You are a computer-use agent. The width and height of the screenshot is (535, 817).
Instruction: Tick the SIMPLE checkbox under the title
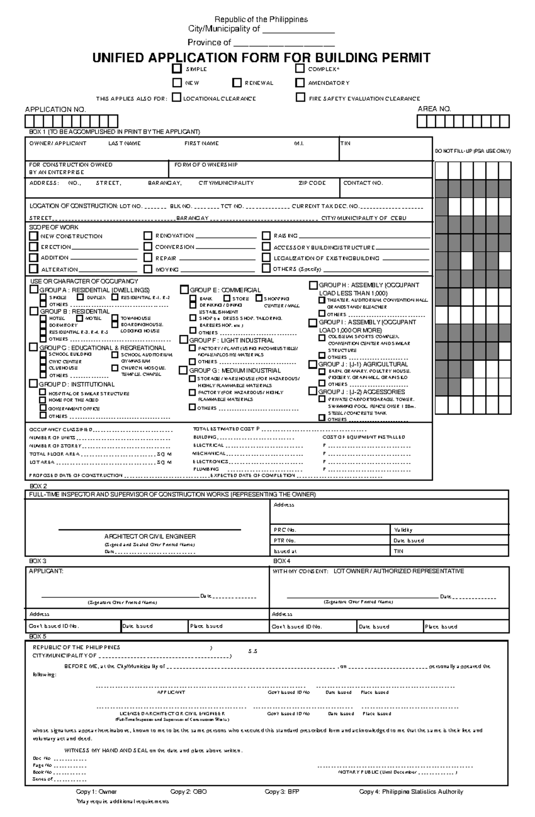pyautogui.click(x=177, y=69)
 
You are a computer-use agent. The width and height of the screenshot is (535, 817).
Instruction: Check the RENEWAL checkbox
pyautogui.click(x=237, y=83)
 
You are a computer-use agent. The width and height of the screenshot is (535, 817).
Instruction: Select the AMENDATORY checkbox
pyautogui.click(x=300, y=83)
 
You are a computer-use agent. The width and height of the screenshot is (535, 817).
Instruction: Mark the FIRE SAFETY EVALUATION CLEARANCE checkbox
pyautogui.click(x=301, y=98)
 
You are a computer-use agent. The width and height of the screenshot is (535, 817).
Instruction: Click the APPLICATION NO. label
pyautogui.click(x=55, y=110)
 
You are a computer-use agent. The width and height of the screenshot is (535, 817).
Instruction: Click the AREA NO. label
pyautogui.click(x=434, y=109)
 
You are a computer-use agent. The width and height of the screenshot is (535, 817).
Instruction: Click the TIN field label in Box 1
pyautogui.click(x=346, y=143)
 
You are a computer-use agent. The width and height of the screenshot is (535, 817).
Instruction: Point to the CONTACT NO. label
pyautogui.click(x=363, y=183)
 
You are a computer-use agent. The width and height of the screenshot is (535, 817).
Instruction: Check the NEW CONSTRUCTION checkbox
pyautogui.click(x=33, y=236)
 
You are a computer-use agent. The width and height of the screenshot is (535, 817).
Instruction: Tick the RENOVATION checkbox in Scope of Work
pyautogui.click(x=148, y=236)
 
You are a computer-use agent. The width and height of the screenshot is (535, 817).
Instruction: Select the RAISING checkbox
pyautogui.click(x=266, y=236)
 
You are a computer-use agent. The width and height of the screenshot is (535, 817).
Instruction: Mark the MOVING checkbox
pyautogui.click(x=148, y=269)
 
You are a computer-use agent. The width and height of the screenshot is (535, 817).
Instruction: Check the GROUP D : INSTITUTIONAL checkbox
pyautogui.click(x=33, y=383)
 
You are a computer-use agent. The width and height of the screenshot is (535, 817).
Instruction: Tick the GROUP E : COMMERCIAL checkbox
pyautogui.click(x=184, y=290)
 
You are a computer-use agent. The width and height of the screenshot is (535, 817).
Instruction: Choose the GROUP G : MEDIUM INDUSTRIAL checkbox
pyautogui.click(x=183, y=370)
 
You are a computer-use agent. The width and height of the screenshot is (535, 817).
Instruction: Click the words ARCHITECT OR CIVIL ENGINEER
pyautogui.click(x=150, y=537)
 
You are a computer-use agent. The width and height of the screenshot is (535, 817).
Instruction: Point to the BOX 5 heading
pyautogui.click(x=38, y=636)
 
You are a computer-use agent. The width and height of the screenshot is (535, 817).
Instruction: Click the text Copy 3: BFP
pyautogui.click(x=282, y=792)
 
